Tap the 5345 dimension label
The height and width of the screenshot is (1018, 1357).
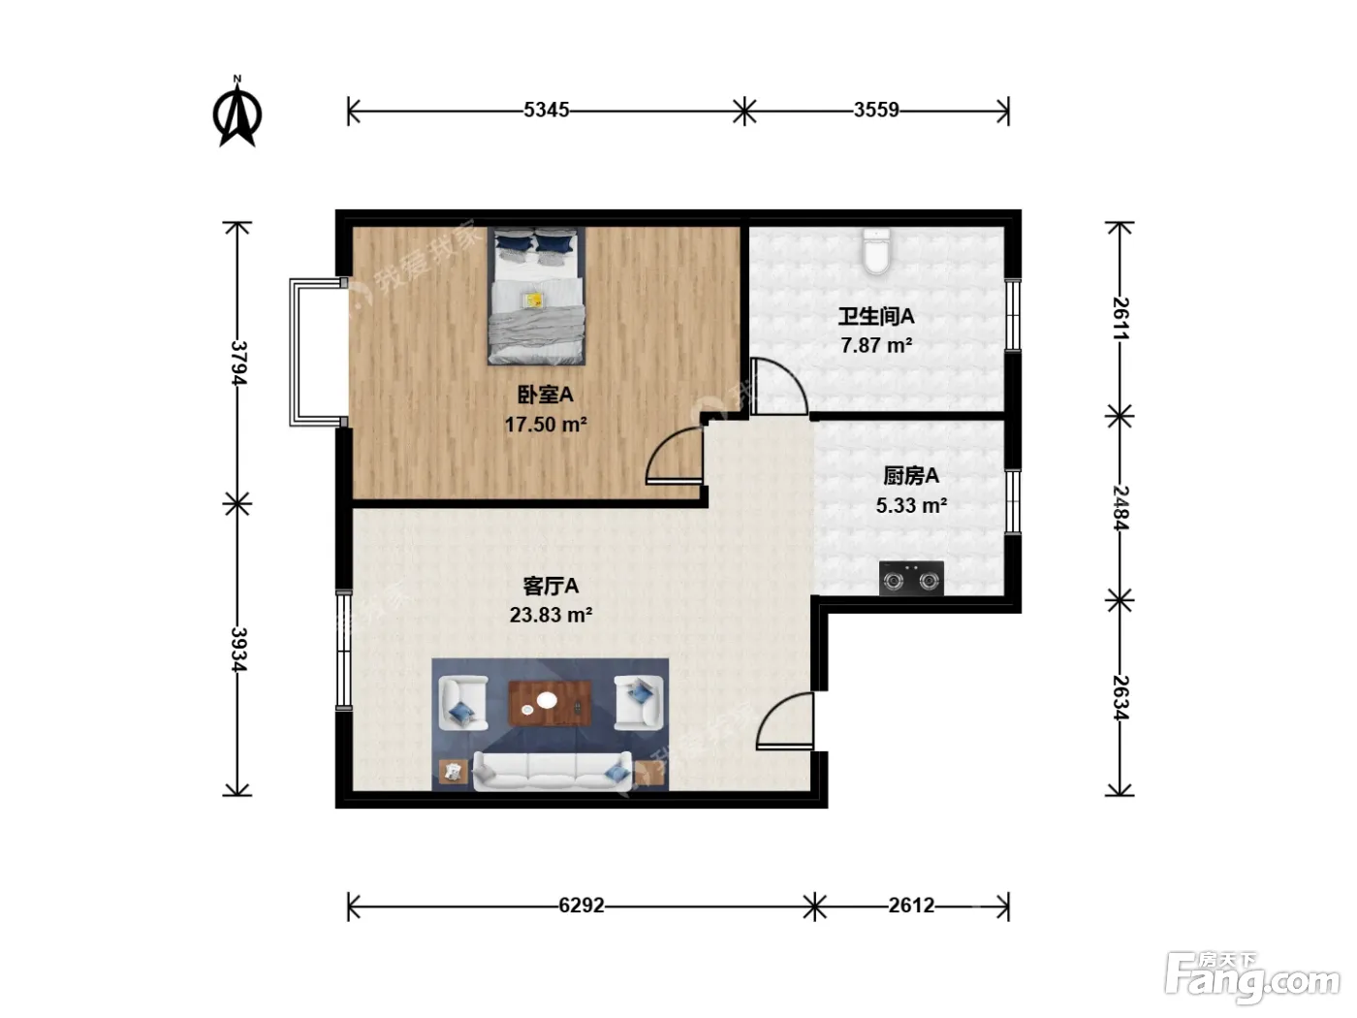(546, 110)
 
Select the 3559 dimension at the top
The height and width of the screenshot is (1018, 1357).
(876, 110)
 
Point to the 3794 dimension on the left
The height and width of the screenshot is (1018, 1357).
(238, 363)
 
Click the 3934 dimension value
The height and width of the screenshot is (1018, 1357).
(238, 650)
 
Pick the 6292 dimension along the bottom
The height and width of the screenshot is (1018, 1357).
(582, 906)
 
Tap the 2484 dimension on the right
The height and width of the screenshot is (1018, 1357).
(1120, 508)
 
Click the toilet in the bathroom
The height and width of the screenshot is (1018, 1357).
(876, 250)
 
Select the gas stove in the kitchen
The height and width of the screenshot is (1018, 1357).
(911, 579)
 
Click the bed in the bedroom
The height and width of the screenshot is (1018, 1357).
(536, 296)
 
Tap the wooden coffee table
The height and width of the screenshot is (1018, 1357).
(550, 703)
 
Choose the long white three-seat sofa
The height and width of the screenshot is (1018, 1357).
(552, 772)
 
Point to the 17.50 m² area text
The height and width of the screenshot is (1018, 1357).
(546, 425)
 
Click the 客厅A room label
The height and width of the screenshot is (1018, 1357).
(551, 586)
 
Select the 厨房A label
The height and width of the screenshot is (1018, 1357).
(911, 475)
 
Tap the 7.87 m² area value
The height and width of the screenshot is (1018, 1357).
(876, 345)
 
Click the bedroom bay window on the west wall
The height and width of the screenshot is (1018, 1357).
(318, 352)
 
